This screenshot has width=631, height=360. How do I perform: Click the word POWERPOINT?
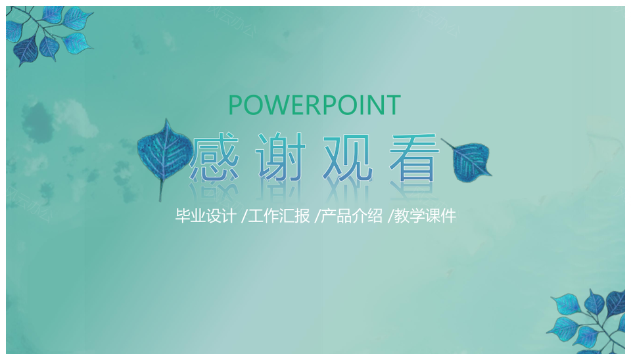tap(314, 105)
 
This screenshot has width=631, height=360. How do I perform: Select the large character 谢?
tap(281, 156)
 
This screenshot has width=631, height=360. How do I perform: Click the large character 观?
tap(348, 157)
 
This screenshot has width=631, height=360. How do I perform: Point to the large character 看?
tap(414, 156)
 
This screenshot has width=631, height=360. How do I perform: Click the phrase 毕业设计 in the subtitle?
tap(205, 216)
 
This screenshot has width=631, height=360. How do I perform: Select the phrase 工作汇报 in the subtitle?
tap(279, 216)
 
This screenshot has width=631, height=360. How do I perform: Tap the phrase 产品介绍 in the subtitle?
tap(352, 216)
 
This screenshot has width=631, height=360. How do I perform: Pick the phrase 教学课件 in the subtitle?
tap(425, 216)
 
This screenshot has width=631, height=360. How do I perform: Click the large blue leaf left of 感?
tap(164, 151)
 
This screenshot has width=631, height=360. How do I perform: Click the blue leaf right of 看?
tap(471, 161)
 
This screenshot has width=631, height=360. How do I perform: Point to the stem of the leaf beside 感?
tap(162, 191)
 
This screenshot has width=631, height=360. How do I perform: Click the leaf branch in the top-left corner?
tap(48, 34)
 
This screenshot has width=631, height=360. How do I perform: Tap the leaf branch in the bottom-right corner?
tap(588, 322)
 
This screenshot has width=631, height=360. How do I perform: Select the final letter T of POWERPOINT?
tap(393, 105)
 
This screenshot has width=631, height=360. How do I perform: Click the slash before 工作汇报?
tap(244, 216)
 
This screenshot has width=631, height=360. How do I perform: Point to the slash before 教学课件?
tap(390, 216)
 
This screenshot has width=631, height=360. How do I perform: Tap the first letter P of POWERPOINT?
tap(235, 105)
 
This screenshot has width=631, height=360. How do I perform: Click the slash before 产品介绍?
tap(317, 216)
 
